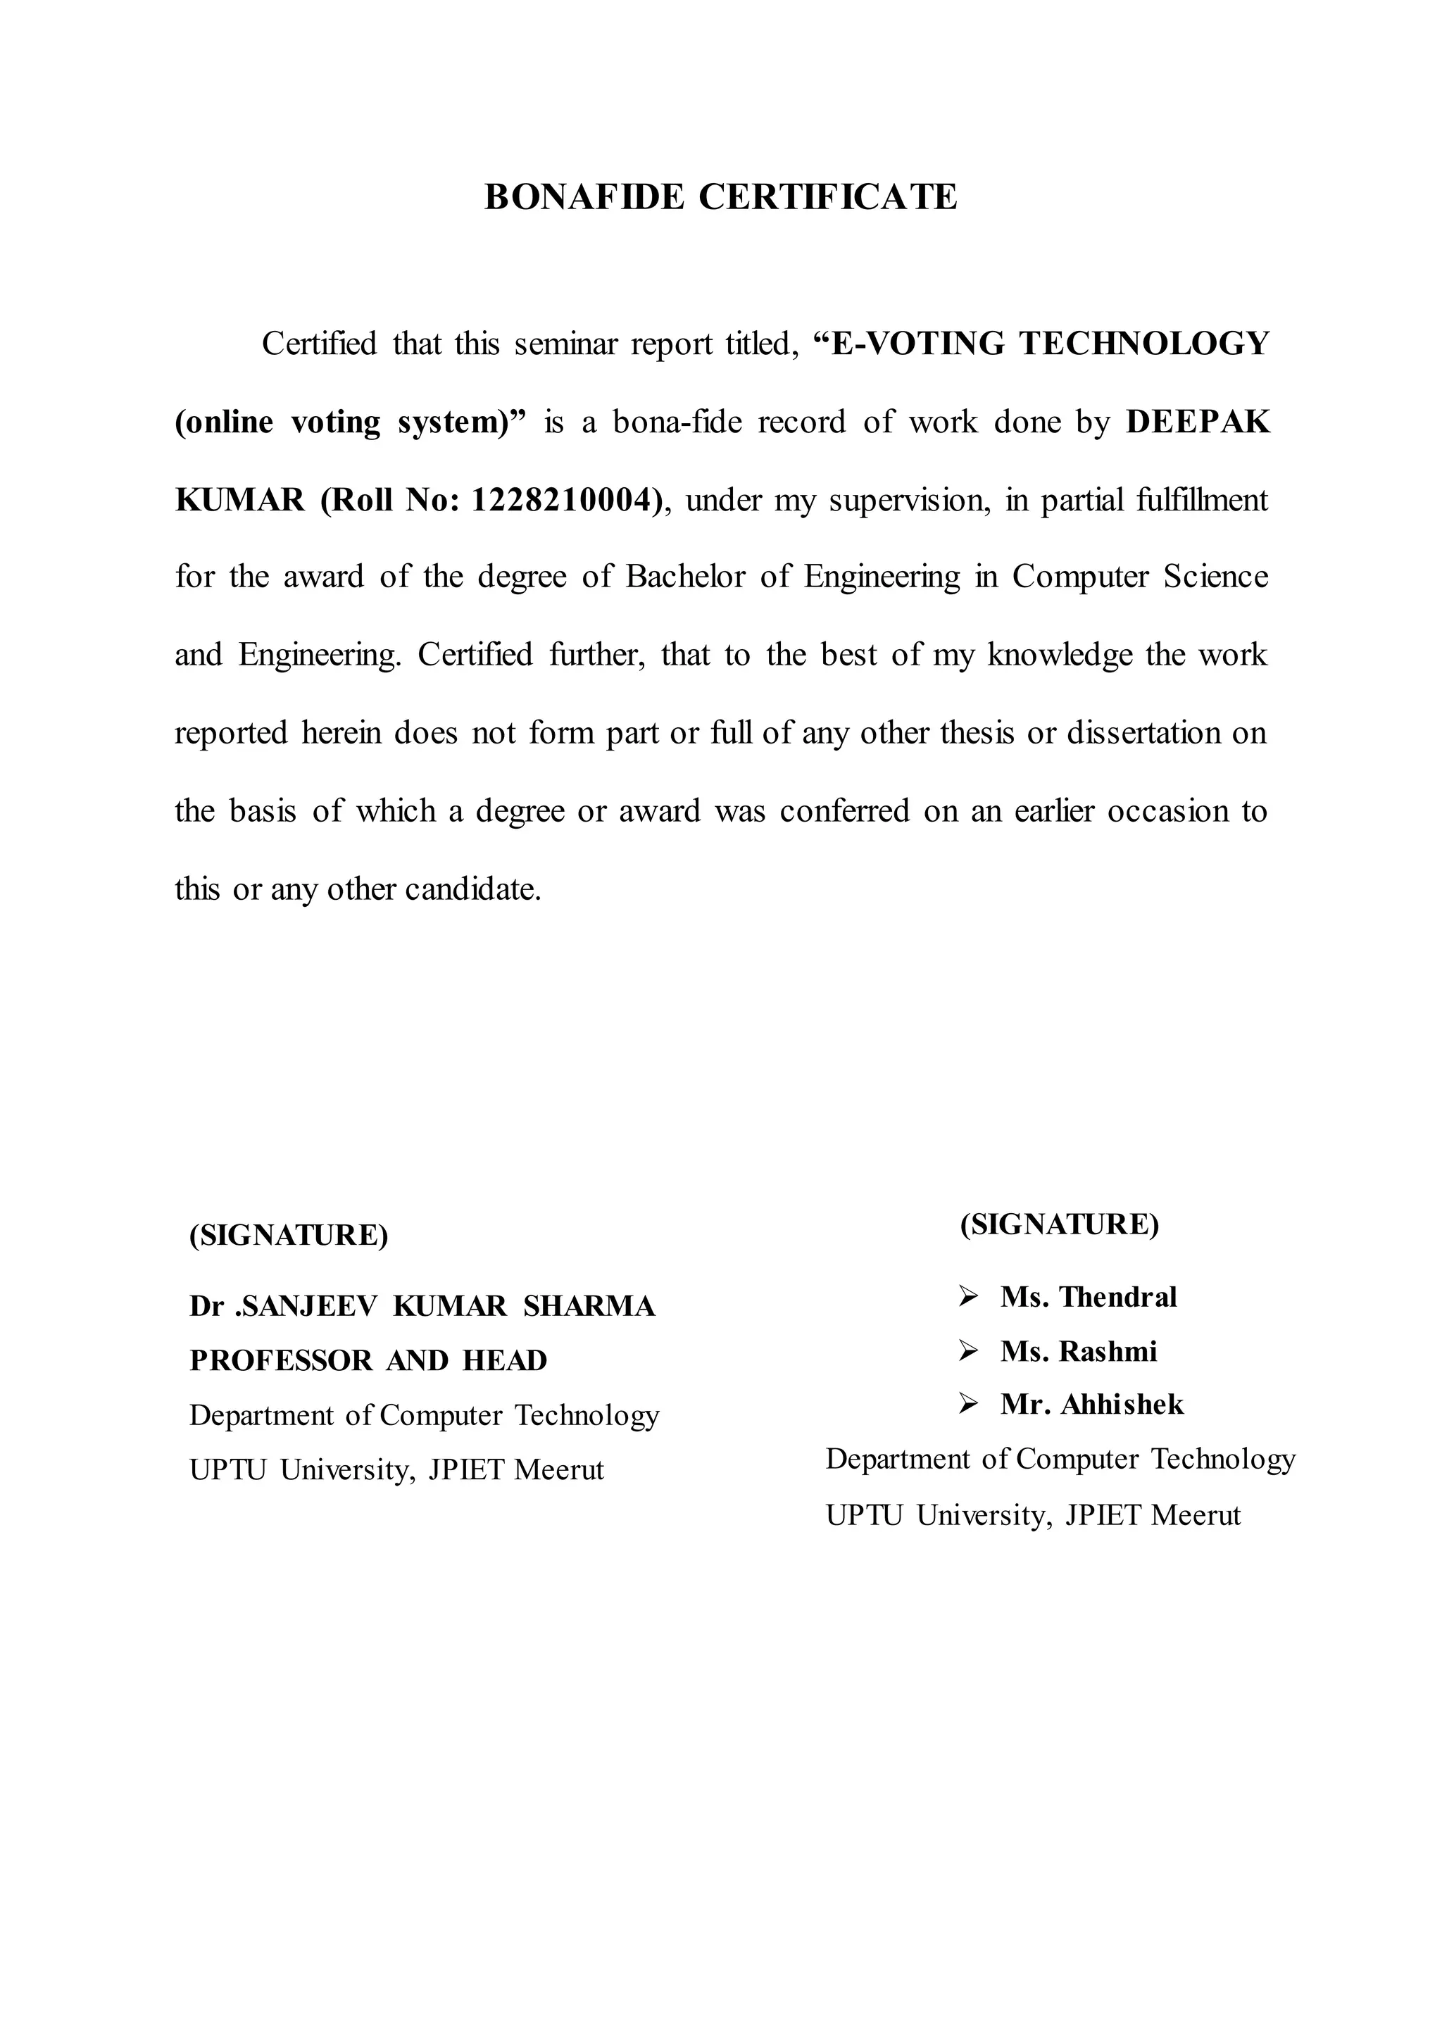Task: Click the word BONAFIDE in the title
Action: tap(584, 197)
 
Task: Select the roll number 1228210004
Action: tap(565, 501)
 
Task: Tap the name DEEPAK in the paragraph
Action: tap(1198, 422)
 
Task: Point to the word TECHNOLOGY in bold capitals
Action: tap(1145, 344)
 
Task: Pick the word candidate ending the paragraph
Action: tap(472, 890)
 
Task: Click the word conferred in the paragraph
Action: tap(844, 812)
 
